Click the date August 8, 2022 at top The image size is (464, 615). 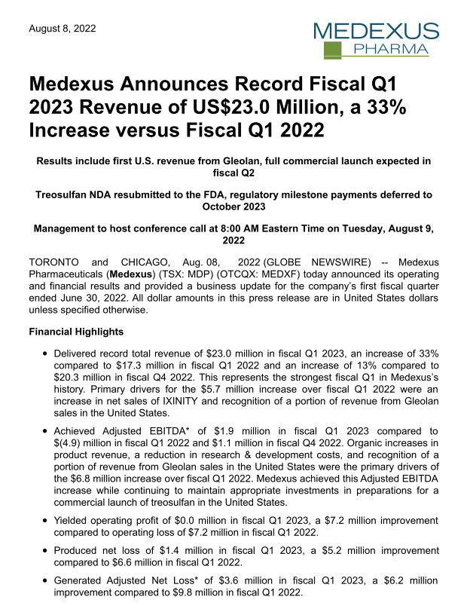63,29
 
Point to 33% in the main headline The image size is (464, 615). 386,106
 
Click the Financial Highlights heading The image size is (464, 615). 78,332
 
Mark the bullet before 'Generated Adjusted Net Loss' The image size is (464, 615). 47,581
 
